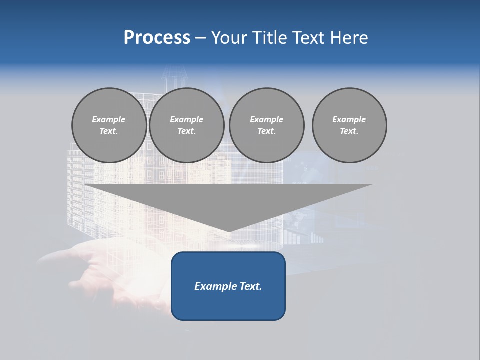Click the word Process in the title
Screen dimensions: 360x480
tap(157, 38)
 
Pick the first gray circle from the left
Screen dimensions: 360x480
tap(109, 125)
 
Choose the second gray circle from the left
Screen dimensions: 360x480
tap(187, 125)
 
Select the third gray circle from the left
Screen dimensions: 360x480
tap(266, 125)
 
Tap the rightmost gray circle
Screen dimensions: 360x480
tap(349, 125)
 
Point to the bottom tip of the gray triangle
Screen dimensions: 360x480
tap(229, 231)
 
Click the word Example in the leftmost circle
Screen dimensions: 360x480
tap(109, 119)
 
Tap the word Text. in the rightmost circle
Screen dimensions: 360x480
tap(349, 131)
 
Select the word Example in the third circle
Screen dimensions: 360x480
tap(266, 119)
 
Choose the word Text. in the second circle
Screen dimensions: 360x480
tap(187, 131)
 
